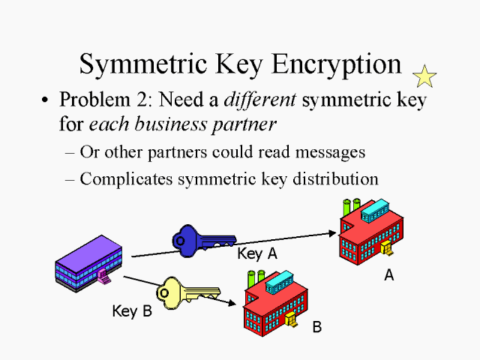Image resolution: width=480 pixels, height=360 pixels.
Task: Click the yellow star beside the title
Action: [424, 76]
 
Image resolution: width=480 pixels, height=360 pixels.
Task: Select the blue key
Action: [197, 239]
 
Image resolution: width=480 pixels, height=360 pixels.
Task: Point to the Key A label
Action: [257, 253]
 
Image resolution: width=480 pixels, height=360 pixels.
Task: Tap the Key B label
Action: [131, 310]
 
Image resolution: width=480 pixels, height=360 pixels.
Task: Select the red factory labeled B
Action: [276, 304]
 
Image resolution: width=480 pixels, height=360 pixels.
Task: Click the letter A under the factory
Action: [388, 275]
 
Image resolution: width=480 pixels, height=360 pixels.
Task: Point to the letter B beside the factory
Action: [316, 327]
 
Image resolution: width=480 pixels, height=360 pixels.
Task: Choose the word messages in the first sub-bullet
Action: [329, 151]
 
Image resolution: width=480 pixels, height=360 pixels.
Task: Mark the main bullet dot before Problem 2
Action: [46, 100]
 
